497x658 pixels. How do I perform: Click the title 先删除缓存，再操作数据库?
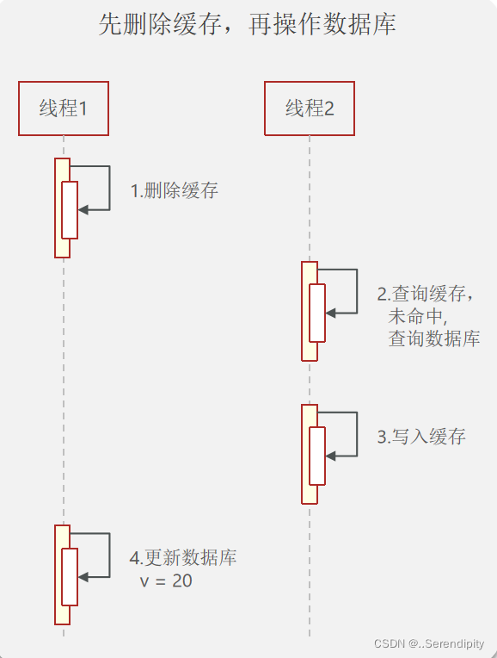(x=248, y=25)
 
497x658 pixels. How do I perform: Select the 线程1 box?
(x=64, y=109)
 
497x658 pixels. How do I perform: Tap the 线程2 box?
(x=310, y=109)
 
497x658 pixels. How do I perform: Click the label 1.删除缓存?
(x=175, y=190)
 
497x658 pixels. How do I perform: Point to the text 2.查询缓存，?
(x=426, y=293)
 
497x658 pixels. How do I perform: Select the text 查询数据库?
(x=433, y=338)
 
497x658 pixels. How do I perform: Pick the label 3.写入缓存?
(x=421, y=437)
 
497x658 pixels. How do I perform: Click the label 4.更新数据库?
(x=183, y=557)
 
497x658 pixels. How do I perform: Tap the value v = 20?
(x=166, y=581)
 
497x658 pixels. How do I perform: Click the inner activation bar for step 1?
(x=70, y=209)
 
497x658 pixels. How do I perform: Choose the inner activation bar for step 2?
(x=317, y=312)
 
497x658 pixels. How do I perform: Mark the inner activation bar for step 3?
(x=317, y=455)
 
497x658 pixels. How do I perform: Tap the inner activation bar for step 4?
(x=70, y=576)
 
